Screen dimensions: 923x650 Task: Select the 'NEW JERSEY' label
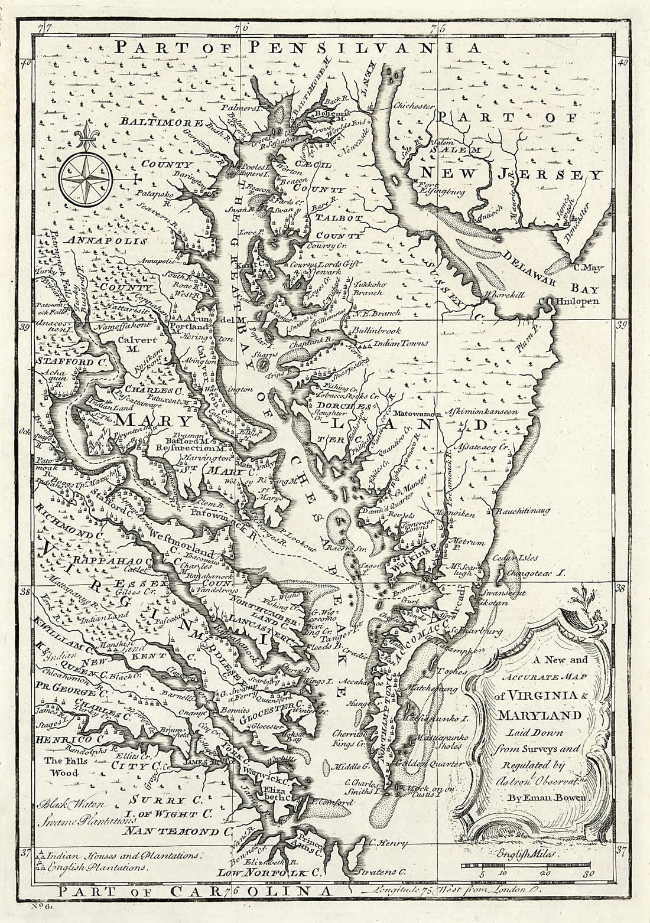[x=511, y=174]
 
